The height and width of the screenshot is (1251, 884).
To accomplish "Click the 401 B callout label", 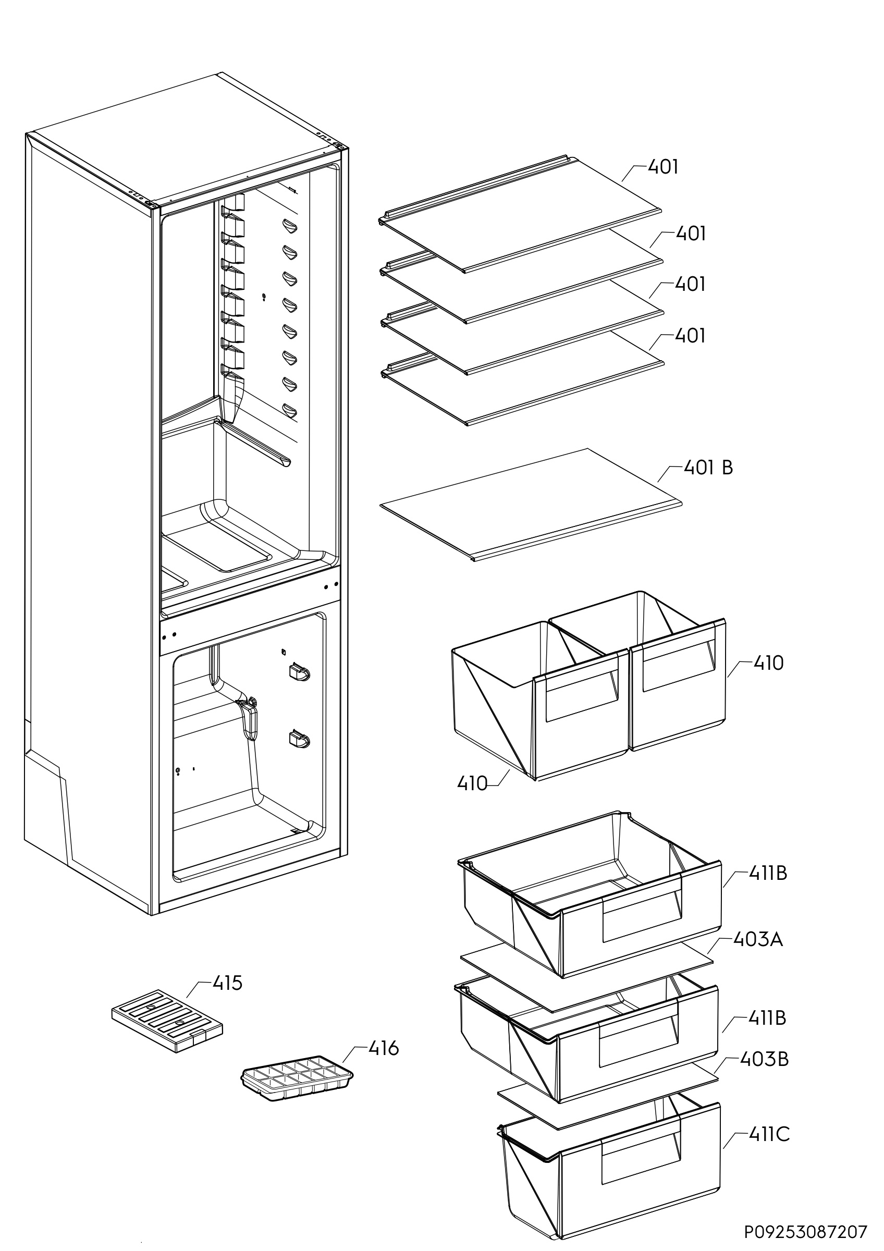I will [707, 468].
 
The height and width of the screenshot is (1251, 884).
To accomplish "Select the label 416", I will [384, 1048].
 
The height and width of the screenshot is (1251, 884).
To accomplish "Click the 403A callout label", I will [758, 939].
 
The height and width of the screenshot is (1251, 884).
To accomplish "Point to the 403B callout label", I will [764, 1060].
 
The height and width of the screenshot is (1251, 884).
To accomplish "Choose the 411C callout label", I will [768, 1135].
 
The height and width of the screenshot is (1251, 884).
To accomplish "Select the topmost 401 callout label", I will [663, 167].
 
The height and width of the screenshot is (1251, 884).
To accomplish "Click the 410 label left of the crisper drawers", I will [472, 783].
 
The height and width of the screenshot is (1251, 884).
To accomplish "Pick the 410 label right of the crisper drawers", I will [768, 663].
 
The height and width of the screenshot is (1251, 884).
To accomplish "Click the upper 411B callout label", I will [767, 874].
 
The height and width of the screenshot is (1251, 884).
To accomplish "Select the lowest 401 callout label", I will [690, 336].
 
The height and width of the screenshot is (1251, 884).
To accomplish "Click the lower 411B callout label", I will [767, 1018].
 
